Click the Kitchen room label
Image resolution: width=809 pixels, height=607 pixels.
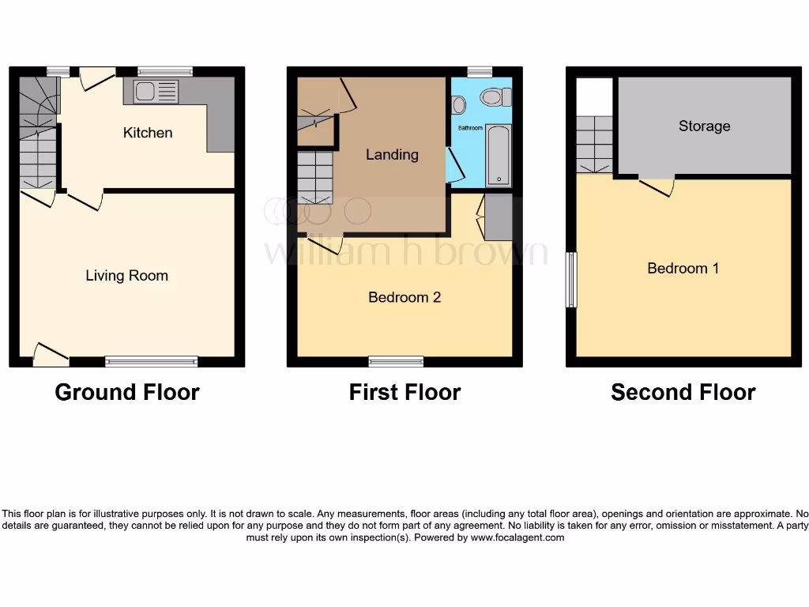tap(148, 133)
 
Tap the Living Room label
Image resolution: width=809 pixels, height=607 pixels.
tap(126, 276)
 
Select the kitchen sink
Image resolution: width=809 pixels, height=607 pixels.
tap(156, 92)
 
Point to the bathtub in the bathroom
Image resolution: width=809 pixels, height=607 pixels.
tap(499, 155)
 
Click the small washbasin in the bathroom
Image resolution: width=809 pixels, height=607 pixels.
tap(460, 105)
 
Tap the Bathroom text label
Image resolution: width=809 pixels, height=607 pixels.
tap(470, 127)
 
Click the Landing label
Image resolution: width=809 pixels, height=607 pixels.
tap(392, 155)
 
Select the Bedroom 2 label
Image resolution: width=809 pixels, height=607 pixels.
tap(404, 297)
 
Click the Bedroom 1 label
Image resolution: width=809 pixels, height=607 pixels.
tap(683, 269)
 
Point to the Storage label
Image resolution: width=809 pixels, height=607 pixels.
tap(704, 126)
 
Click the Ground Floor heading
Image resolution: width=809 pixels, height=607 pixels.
tap(127, 392)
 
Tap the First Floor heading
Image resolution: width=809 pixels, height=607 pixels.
tap(404, 392)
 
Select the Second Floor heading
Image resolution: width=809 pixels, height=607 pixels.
tap(683, 392)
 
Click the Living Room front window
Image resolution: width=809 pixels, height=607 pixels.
tap(151, 362)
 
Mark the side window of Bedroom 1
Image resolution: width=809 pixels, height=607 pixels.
tap(570, 279)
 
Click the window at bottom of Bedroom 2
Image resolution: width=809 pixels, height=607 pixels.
tap(396, 362)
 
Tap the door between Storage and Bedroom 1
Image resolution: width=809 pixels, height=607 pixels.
tap(656, 185)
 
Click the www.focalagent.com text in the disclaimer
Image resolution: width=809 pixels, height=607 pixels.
tap(517, 537)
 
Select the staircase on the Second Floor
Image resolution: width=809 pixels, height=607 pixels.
tap(594, 144)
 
